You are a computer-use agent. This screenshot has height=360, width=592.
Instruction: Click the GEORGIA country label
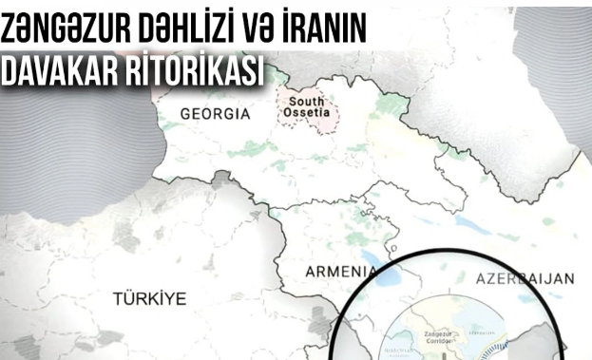pyautogui.click(x=215, y=114)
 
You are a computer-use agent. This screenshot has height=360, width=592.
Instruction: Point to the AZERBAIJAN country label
pyautogui.click(x=520, y=279)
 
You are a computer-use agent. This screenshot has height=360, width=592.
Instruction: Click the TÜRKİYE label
pyautogui.click(x=149, y=298)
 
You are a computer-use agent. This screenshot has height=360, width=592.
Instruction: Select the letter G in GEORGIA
pyautogui.click(x=185, y=114)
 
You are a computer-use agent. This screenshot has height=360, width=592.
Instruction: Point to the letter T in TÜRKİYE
pyautogui.click(x=118, y=298)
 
